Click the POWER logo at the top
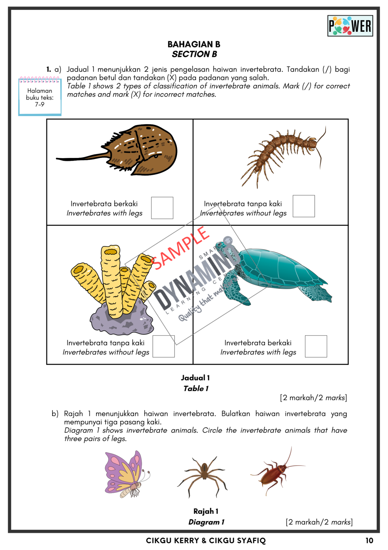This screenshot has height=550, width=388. (350, 26)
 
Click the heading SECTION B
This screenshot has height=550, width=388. (194, 54)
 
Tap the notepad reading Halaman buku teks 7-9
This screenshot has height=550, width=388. (40, 97)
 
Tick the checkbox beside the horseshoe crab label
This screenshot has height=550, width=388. (162, 208)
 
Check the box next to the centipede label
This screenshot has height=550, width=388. (303, 206)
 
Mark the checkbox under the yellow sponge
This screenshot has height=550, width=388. (163, 346)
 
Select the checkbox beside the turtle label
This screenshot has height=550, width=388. (316, 346)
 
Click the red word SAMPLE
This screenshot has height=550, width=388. (180, 249)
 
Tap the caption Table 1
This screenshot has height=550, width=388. (196, 389)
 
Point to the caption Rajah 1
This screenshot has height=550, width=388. (206, 511)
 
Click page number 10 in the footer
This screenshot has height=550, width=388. (369, 541)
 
